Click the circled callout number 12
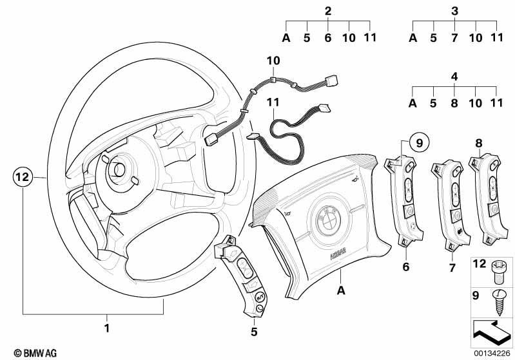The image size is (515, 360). [x=23, y=177]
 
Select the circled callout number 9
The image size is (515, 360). [x=419, y=143]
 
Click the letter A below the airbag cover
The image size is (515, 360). [x=341, y=290]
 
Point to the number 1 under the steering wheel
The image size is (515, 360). [x=106, y=328]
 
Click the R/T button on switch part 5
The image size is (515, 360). [x=260, y=298]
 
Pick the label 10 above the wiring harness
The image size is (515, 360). [x=273, y=61]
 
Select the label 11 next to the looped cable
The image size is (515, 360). [x=273, y=102]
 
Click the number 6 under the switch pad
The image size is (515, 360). [x=406, y=267]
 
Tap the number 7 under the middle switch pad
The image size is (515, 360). [x=452, y=268]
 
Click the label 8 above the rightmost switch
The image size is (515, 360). [x=479, y=143]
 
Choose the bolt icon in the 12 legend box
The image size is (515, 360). [x=499, y=272]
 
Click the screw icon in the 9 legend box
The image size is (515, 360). [x=499, y=303]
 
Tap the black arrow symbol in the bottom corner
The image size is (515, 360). [x=491, y=334]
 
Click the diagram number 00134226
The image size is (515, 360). [x=492, y=353]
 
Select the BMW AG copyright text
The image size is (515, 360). [x=35, y=353]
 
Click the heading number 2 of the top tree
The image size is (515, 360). [x=328, y=11]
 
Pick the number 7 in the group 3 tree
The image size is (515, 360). [x=454, y=38]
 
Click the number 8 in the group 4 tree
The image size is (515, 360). [x=454, y=104]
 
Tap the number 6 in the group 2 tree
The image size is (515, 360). [x=328, y=38]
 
